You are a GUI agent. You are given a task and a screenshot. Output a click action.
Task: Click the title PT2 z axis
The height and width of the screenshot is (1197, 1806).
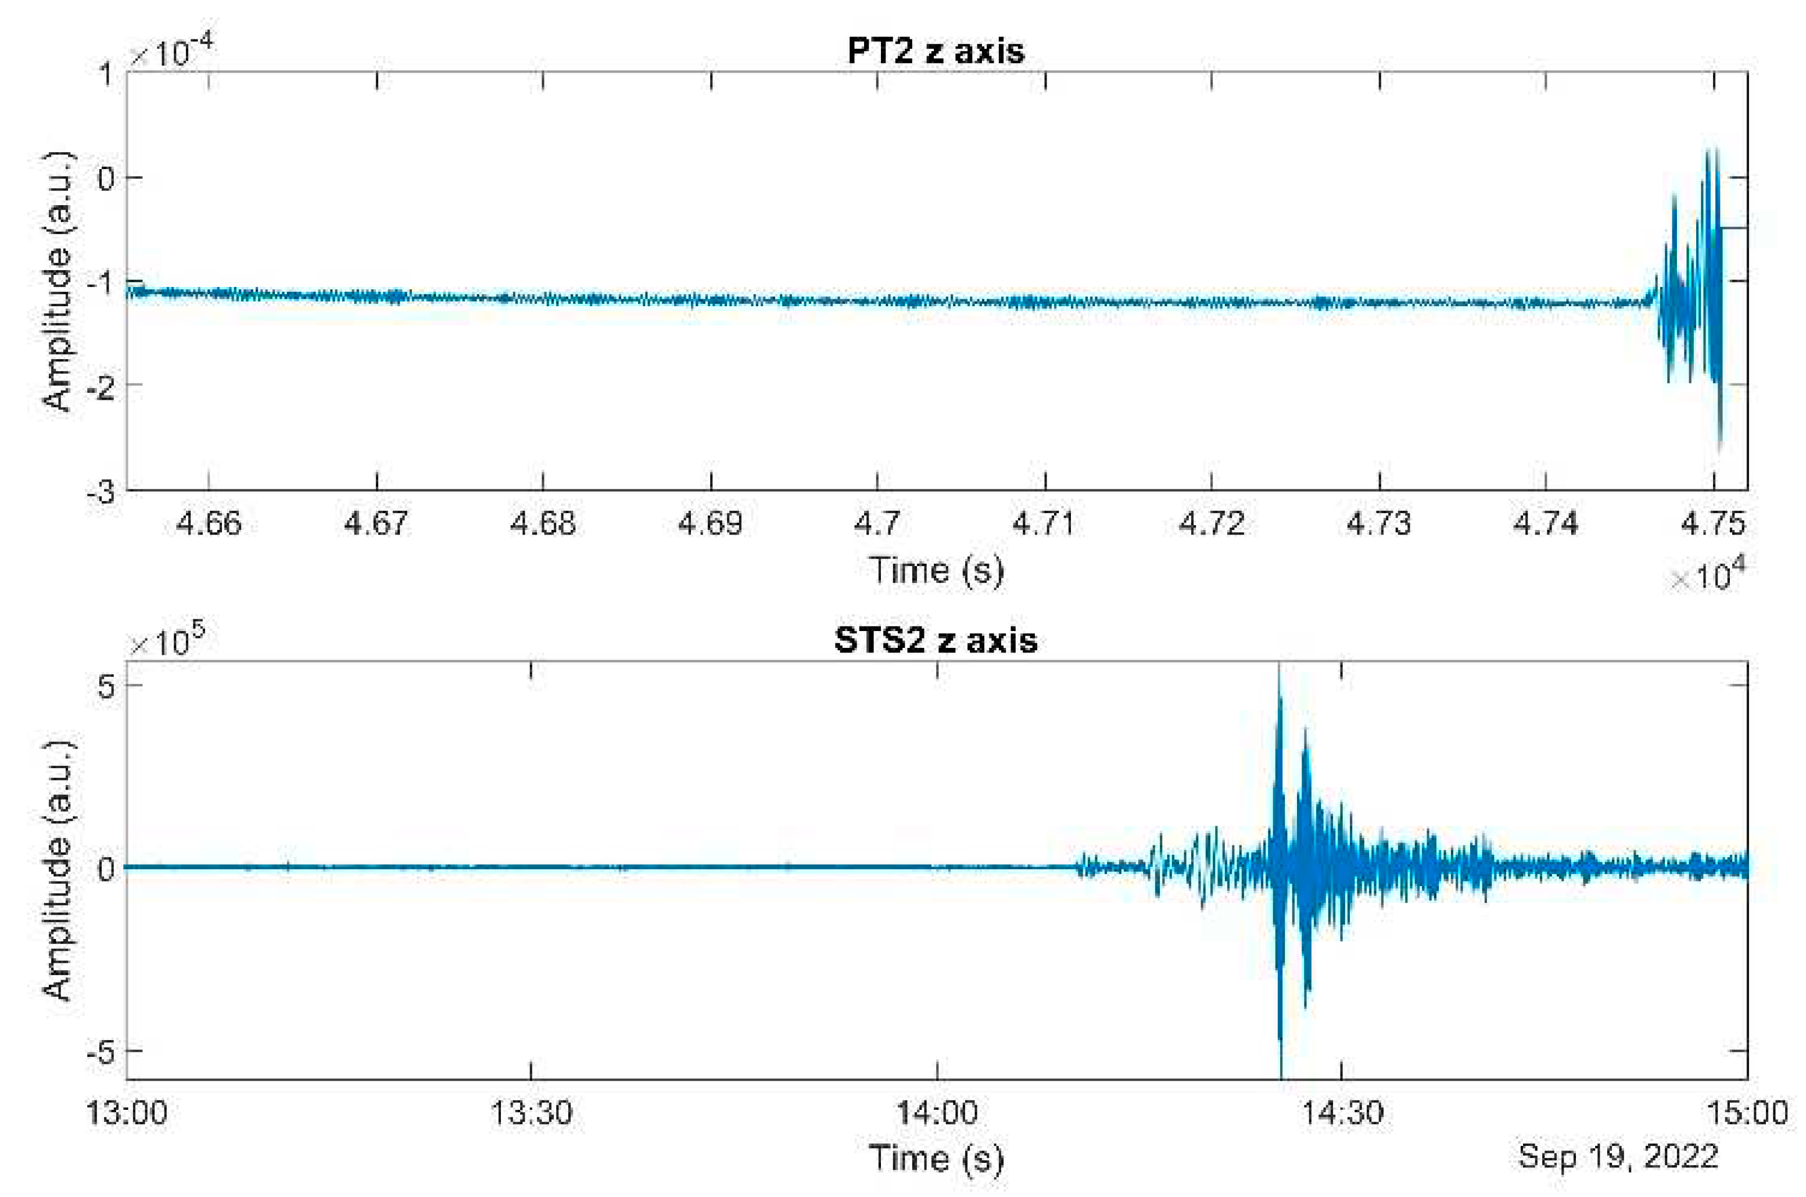tap(935, 51)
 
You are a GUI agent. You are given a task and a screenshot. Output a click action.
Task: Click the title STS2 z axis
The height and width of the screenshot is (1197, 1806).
tap(935, 640)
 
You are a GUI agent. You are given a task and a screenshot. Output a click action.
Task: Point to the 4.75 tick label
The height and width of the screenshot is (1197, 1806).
tap(1712, 524)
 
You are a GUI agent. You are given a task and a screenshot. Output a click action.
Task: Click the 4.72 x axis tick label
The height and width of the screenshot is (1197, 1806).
tap(1212, 524)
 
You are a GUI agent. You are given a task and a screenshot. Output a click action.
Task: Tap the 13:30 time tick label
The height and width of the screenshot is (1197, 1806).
tap(531, 1113)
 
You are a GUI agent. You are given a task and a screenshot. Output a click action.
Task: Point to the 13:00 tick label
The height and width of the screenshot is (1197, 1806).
tap(126, 1113)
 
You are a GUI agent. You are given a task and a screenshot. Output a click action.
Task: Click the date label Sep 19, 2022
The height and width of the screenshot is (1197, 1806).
tap(1617, 1156)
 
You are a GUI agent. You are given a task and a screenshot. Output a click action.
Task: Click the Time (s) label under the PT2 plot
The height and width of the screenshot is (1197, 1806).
tap(935, 570)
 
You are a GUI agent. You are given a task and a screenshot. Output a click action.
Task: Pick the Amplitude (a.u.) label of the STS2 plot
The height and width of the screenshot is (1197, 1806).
tap(58, 870)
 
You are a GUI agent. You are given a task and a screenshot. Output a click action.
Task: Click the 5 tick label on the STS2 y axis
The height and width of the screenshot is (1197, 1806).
tap(105, 686)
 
